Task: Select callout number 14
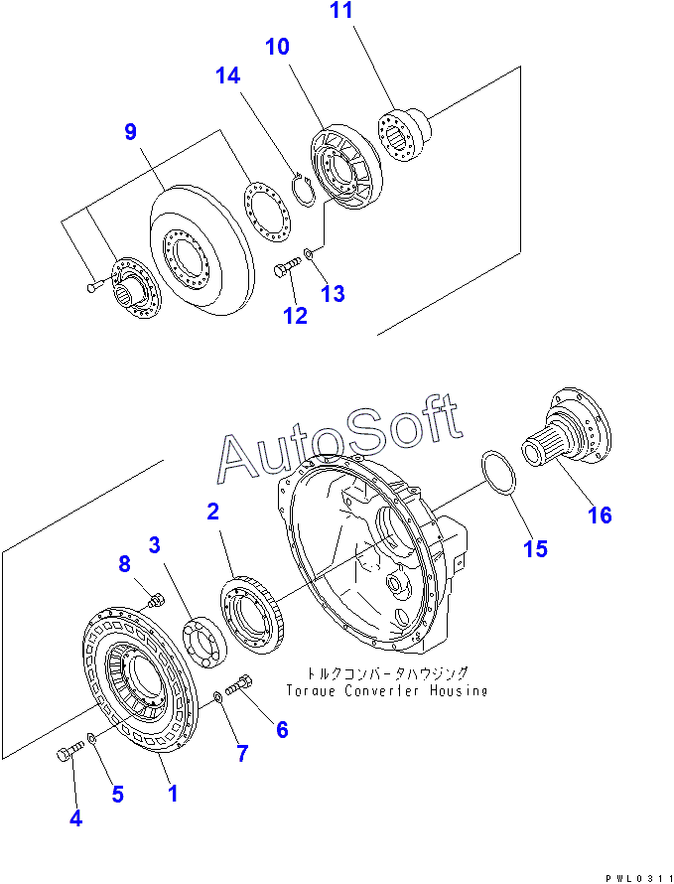pyautogui.click(x=228, y=76)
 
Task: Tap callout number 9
pyautogui.click(x=130, y=132)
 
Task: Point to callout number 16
pyautogui.click(x=599, y=515)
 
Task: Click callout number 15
pyautogui.click(x=535, y=548)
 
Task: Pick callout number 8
pyautogui.click(x=124, y=564)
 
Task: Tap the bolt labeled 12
pyautogui.click(x=286, y=268)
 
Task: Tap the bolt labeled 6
pyautogui.click(x=242, y=684)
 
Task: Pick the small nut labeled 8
pyautogui.click(x=154, y=600)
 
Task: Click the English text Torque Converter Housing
pyautogui.click(x=386, y=690)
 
